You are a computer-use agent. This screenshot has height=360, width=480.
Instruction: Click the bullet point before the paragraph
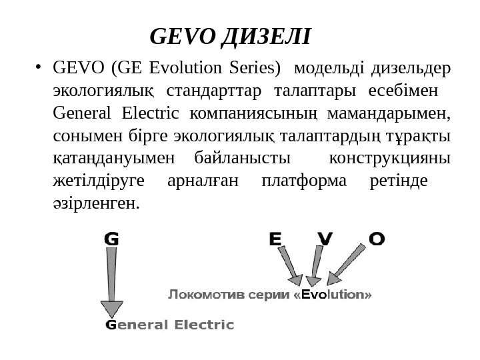coord(40,66)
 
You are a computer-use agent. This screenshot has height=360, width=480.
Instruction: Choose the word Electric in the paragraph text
coord(149,113)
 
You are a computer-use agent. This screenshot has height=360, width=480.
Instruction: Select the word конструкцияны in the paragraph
coord(390,159)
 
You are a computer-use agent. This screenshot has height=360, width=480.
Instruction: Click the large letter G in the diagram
coord(112,239)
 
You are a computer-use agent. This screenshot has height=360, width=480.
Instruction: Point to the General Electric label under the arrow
coord(170,325)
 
